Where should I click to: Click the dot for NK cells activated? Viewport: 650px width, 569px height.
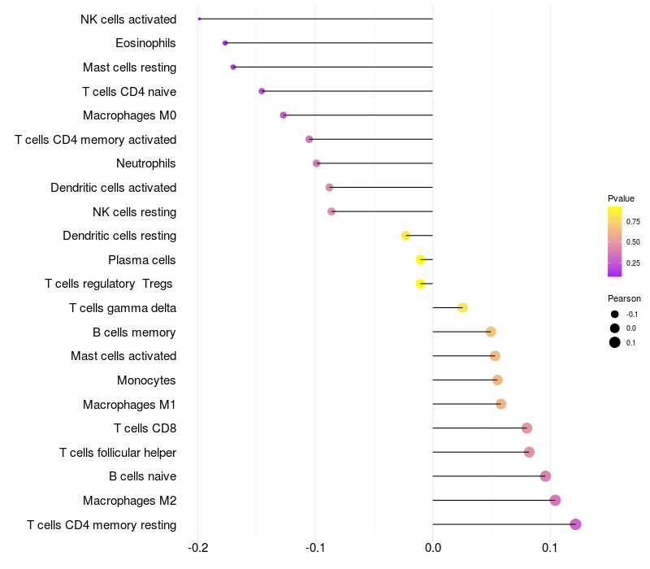[x=199, y=19]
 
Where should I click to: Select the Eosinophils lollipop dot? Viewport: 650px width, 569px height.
[x=225, y=43]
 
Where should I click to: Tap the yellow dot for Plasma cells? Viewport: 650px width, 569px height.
[x=420, y=259]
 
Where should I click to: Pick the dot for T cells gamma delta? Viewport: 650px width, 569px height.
[x=462, y=308]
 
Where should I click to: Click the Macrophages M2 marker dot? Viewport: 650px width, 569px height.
[x=555, y=500]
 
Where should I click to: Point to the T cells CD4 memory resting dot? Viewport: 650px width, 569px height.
[x=575, y=524]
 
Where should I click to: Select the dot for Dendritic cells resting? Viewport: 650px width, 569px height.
[x=405, y=236]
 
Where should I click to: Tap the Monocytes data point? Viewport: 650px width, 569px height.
[x=497, y=380]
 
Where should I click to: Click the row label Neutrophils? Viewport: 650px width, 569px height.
[x=146, y=163]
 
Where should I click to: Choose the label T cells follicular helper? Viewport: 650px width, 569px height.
[x=118, y=453]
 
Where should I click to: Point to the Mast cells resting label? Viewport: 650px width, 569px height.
[x=130, y=67]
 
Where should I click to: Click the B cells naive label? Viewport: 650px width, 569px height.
[x=143, y=476]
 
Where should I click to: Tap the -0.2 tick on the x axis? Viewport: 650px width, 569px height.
[x=197, y=548]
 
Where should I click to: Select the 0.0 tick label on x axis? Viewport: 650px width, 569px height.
[x=433, y=548]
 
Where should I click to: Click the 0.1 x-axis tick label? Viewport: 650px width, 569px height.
[x=550, y=548]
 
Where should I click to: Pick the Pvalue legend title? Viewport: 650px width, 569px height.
[x=621, y=198]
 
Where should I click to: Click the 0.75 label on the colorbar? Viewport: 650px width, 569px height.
[x=633, y=221]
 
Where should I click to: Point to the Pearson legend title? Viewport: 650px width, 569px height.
[x=624, y=298]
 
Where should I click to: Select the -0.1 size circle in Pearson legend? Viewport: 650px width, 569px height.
[x=615, y=315]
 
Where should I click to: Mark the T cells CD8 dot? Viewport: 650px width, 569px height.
[x=526, y=428]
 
